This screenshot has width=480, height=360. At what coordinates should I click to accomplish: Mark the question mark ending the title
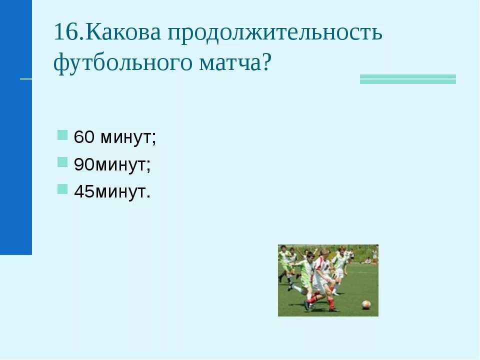[x=265, y=63]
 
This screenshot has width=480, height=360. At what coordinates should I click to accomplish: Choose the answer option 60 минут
[x=115, y=137]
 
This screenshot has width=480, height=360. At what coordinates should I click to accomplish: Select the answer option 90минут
[x=112, y=164]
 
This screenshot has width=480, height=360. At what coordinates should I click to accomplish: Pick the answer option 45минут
[x=112, y=191]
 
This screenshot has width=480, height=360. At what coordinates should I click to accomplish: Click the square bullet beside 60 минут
[x=62, y=135]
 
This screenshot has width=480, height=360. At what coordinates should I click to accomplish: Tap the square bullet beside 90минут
[x=62, y=162]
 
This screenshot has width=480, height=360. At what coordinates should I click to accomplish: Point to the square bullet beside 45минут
[x=62, y=189]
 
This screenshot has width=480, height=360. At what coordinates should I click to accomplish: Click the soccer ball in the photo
[x=366, y=304]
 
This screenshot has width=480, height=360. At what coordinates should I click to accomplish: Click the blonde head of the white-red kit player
[x=324, y=252]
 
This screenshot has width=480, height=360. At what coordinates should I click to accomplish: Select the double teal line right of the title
[x=408, y=79]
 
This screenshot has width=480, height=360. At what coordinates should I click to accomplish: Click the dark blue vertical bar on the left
[x=15, y=127]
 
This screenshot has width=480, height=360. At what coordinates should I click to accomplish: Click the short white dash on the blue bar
[x=25, y=78]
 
